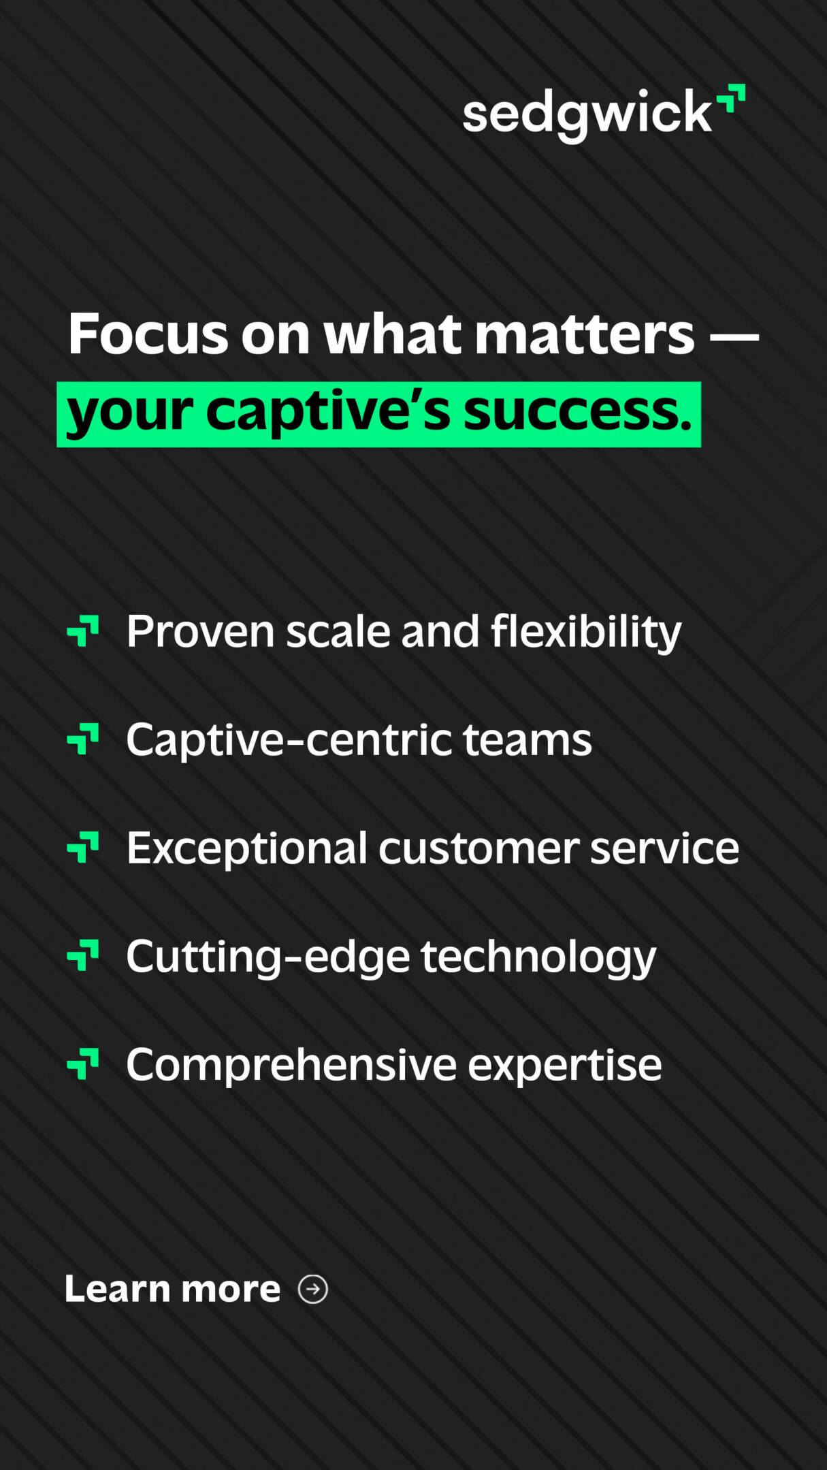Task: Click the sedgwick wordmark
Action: pos(587,114)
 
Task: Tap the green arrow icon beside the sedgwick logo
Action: pos(731,97)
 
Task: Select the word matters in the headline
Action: pos(584,334)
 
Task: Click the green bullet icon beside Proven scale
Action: pos(83,630)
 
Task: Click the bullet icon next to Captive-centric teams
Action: pos(83,739)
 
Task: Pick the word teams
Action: pos(528,739)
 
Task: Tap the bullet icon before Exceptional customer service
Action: pos(83,847)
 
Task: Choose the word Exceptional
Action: pos(247,849)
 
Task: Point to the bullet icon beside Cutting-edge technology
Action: pos(83,955)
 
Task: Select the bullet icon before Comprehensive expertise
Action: pos(83,1064)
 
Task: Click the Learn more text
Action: pos(172,1289)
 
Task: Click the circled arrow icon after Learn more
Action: pos(313,1289)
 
